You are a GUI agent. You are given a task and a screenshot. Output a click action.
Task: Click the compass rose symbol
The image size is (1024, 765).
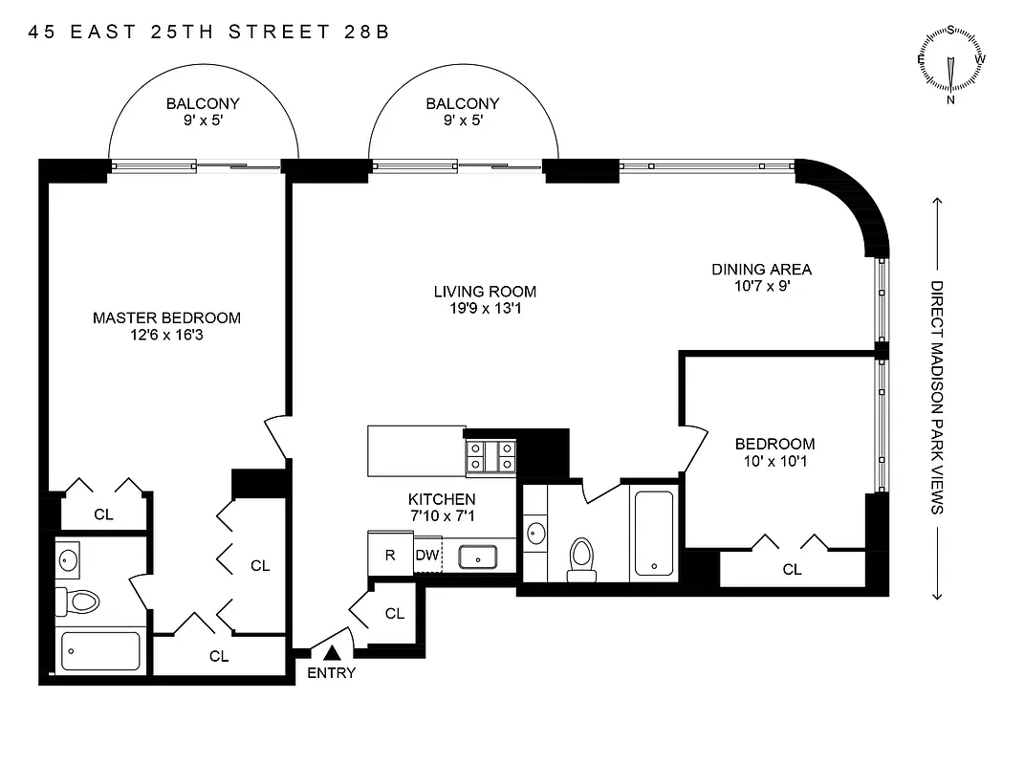[x=951, y=65]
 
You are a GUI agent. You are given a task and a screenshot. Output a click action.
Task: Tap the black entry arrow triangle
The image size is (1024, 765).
[x=332, y=652]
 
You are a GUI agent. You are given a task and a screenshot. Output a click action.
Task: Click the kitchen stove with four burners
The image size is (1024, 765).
[x=490, y=456]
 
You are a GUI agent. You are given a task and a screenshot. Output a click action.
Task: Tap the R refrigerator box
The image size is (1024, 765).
[x=390, y=555]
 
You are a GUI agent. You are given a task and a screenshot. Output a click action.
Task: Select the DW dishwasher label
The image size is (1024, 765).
[x=425, y=555]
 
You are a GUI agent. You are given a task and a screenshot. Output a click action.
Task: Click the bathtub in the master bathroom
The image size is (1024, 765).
[x=100, y=651]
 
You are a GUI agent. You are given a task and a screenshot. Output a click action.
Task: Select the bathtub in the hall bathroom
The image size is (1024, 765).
[x=653, y=535]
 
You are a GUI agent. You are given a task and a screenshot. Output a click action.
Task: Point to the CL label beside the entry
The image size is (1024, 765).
[x=395, y=614]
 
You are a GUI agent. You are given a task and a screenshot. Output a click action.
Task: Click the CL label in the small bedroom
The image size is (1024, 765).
[x=792, y=569]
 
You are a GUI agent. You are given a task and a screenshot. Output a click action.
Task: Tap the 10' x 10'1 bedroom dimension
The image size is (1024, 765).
[x=774, y=461]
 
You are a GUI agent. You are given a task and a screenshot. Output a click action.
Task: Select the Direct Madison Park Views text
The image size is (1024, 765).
[x=937, y=397]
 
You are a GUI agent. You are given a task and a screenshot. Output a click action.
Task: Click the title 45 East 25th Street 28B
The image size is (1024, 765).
[x=209, y=32]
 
